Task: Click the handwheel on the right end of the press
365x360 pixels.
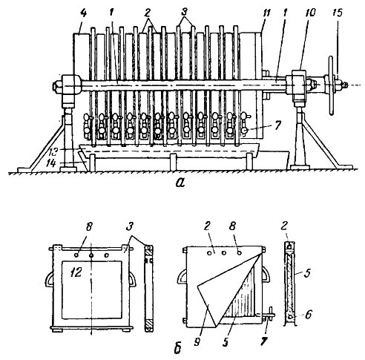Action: click(x=331, y=85)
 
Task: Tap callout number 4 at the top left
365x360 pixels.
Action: click(x=84, y=13)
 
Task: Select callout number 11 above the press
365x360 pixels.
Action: click(x=266, y=13)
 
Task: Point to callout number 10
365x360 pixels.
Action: click(x=310, y=13)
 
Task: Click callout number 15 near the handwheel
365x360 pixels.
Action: click(x=338, y=13)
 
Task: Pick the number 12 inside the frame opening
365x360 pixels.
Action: click(x=76, y=272)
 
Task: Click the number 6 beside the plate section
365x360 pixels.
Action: click(x=308, y=315)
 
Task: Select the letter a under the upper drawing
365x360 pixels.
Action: click(x=180, y=183)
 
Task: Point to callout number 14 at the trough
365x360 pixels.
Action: click(x=52, y=163)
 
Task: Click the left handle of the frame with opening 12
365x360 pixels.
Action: click(x=49, y=280)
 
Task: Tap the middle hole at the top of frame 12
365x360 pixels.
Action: click(x=91, y=255)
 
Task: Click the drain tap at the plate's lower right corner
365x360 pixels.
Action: click(x=269, y=316)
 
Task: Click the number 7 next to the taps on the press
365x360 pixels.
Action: click(x=277, y=125)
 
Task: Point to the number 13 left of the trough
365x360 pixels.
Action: click(x=53, y=151)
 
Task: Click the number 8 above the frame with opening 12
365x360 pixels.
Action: click(x=88, y=227)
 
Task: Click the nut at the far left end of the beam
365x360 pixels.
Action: click(x=55, y=87)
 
